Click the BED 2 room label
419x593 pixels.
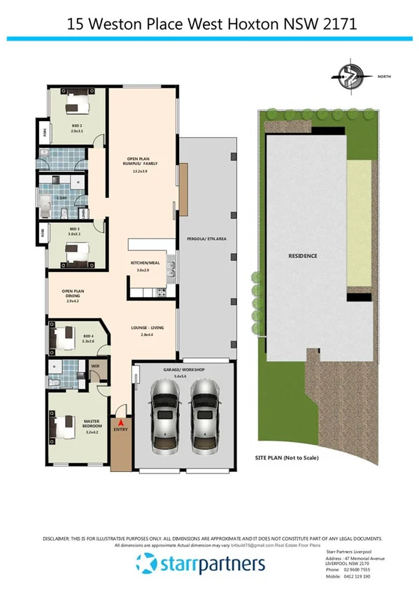pyautogui.click(x=77, y=128)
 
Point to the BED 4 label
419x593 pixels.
pyautogui.click(x=88, y=338)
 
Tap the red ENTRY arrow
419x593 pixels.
pyautogui.click(x=120, y=423)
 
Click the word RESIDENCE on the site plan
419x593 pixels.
pyautogui.click(x=303, y=256)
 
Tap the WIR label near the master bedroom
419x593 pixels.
pyautogui.click(x=94, y=365)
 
